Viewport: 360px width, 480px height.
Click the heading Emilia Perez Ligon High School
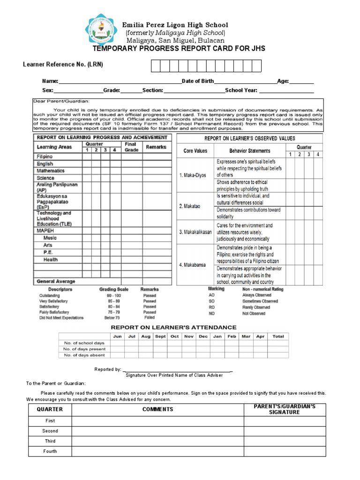[x=175, y=25]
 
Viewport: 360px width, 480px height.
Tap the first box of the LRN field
[x=156, y=66]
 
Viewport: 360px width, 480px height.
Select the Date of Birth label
[x=198, y=82]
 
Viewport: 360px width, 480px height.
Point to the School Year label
[x=241, y=90]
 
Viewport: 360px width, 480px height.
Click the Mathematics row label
[x=51, y=171]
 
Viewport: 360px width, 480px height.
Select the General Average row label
[x=56, y=282]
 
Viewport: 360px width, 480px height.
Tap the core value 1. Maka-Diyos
[x=193, y=175]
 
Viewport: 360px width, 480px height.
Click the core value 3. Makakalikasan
[x=195, y=232]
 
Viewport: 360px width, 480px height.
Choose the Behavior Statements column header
[x=249, y=151]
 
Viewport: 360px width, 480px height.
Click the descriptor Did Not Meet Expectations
[x=61, y=318]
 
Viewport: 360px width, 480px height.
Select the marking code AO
[x=211, y=295]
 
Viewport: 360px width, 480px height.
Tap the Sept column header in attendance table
[x=160, y=337]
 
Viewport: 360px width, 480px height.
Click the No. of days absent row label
[x=84, y=355]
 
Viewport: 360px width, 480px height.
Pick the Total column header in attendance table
[x=278, y=337]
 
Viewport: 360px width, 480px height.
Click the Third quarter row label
[x=50, y=441]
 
